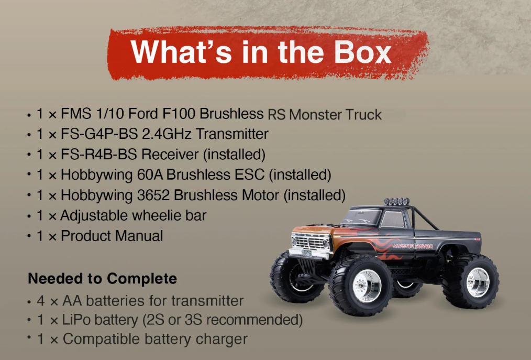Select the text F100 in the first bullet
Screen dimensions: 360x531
181,114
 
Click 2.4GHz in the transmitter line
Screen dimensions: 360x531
167,134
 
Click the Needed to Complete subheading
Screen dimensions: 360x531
103,278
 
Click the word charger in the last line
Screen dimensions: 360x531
222,339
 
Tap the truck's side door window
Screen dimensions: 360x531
393,220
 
